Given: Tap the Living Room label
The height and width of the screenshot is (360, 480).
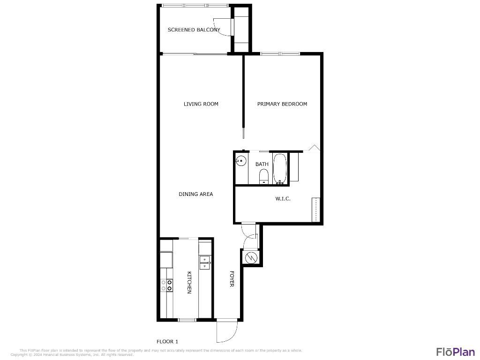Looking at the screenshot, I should pos(201,104).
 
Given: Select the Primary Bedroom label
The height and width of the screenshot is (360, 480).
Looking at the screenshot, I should pos(282,104).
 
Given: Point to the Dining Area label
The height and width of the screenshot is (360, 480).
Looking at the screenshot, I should pos(195,194).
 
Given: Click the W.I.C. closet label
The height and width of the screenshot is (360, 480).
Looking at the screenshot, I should pos(283,199).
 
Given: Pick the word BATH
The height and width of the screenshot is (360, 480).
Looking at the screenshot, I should pos(262,164).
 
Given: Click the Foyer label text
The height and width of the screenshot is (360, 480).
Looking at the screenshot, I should pos(232,279).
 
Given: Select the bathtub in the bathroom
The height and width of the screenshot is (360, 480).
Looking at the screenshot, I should pos(280,168).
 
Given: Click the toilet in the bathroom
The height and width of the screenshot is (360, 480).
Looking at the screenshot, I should pos(263,177).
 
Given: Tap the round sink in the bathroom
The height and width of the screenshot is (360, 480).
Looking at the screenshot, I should pos(241,161).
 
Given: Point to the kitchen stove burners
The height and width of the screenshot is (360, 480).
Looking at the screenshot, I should pos(166,285).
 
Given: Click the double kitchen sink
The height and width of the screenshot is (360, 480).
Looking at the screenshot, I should pos(205,262).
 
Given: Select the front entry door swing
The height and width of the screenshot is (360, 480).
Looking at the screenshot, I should pos(225,332).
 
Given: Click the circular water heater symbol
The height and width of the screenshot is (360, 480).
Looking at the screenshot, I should pos(251,257).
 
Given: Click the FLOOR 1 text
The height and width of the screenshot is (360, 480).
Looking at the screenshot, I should pos(167,342).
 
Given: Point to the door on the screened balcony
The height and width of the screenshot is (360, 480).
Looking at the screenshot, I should pos(222,26).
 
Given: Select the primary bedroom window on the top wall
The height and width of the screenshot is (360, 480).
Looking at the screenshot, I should pos(280,54).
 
